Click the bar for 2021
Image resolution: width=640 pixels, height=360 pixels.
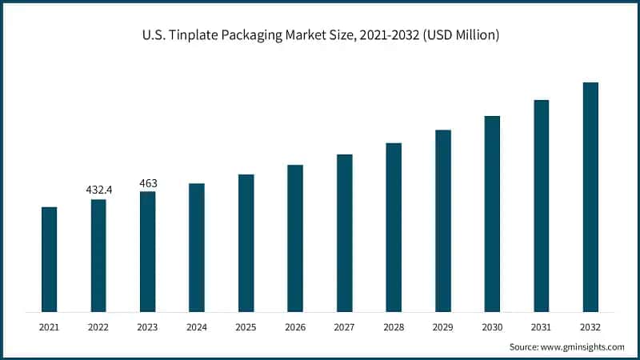50,259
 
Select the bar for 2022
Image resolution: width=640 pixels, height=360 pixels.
98,255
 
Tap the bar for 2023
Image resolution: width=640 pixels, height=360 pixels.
148,251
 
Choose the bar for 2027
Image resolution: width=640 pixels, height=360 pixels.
345,233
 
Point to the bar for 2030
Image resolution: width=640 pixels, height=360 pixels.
492,214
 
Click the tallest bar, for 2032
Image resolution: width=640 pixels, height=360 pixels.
590,197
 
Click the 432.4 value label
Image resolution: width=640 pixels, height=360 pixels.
99,190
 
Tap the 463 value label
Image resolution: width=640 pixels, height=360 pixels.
148,183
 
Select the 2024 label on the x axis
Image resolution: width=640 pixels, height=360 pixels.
197,327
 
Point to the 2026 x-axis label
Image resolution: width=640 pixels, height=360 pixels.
295,327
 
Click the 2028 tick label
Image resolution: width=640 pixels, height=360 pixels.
394,327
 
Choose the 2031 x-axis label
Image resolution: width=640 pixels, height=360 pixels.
542,327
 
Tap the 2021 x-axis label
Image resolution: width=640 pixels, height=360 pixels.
50,327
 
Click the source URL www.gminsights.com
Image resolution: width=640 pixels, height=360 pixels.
582,346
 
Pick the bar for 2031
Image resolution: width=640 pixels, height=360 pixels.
542,206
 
